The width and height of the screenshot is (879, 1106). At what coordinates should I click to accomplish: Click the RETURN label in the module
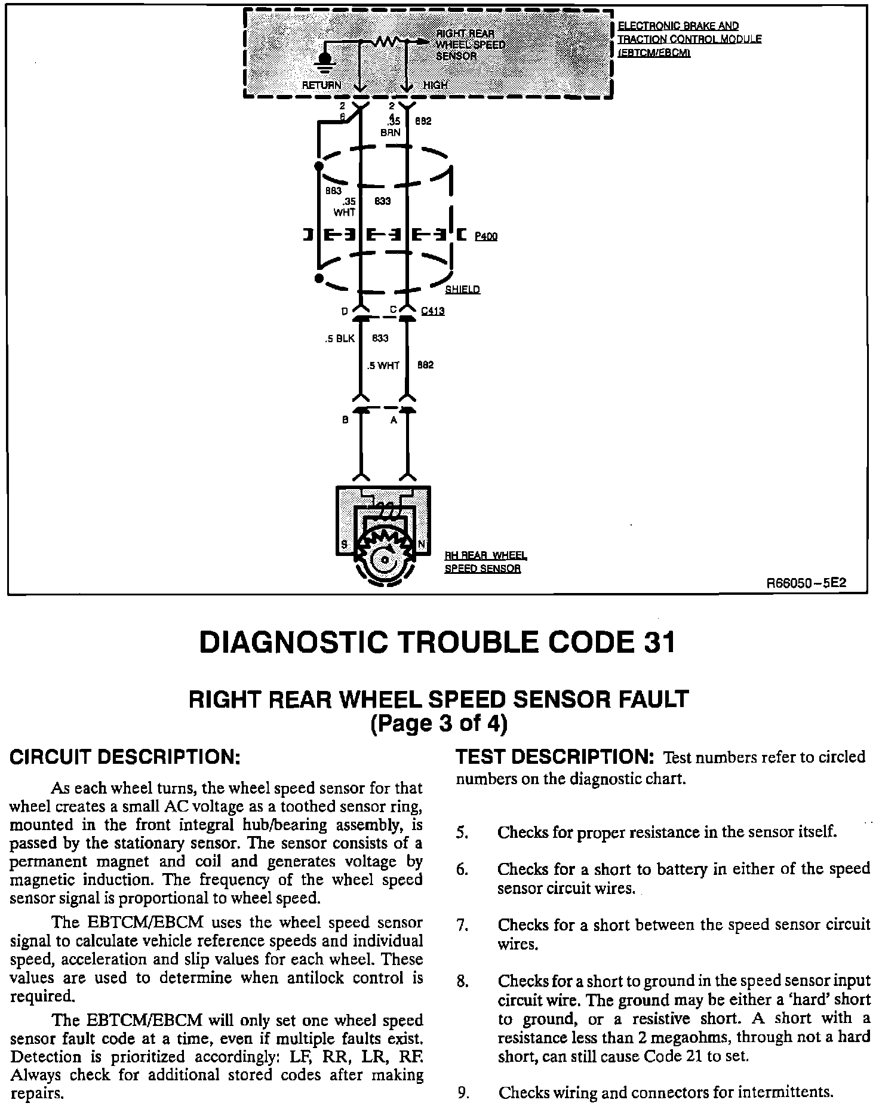click(x=321, y=85)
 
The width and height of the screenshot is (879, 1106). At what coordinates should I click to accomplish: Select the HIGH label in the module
click(x=435, y=85)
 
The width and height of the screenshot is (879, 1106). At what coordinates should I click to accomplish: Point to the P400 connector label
click(x=486, y=236)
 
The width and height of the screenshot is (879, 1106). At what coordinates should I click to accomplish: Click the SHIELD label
click(x=462, y=290)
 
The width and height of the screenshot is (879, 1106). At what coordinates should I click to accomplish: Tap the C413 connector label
click(x=432, y=311)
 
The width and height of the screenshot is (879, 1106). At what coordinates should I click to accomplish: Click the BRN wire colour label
click(x=391, y=133)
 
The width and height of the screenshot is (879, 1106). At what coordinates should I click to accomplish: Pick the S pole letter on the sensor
click(x=345, y=545)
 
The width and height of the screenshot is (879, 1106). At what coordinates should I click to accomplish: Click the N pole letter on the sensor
click(x=422, y=545)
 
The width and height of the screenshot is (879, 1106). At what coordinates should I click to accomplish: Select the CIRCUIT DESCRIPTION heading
click(x=125, y=757)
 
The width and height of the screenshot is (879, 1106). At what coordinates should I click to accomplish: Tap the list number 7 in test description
click(x=461, y=926)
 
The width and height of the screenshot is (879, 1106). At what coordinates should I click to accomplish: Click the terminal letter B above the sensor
click(x=345, y=420)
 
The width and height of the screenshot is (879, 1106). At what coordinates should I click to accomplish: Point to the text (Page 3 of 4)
click(x=439, y=724)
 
